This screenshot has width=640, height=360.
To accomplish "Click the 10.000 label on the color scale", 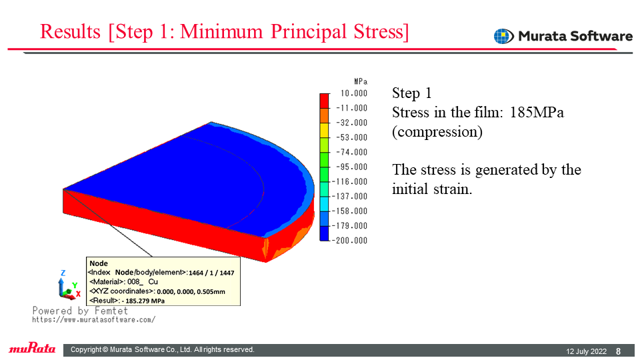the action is (354, 93).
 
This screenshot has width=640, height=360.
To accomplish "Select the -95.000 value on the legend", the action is (352, 167).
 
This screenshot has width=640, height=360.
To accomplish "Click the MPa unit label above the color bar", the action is (361, 81).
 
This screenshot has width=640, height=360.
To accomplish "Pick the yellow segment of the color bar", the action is (324, 130).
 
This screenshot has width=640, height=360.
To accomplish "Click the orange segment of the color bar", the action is (324, 115).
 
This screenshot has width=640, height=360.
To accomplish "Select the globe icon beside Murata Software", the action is (504, 36).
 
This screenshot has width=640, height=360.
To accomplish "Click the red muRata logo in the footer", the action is (32, 348).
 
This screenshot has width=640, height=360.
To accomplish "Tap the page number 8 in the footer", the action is (619, 351).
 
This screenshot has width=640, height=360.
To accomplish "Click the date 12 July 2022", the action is (586, 351).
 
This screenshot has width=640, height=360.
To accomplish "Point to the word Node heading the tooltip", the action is (99, 263).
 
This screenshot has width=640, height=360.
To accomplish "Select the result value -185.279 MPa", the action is (143, 301).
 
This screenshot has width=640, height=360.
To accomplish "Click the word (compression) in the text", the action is (437, 132).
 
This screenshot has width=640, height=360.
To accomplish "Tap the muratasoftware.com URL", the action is (94, 319).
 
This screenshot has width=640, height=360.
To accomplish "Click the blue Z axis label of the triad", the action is (63, 273).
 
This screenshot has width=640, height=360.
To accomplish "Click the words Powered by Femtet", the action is (80, 311).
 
